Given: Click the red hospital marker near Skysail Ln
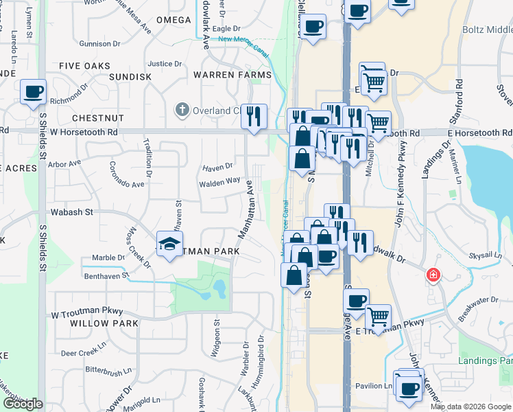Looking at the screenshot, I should pyautogui.click(x=433, y=275).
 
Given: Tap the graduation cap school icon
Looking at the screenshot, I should pyautogui.click(x=169, y=243).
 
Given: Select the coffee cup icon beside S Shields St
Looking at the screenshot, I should pyautogui.click(x=32, y=91).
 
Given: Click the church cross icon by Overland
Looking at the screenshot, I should pyautogui.click(x=182, y=109).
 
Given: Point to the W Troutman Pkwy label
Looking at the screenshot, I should pyautogui.click(x=77, y=311).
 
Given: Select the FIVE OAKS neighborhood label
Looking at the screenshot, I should pyautogui.click(x=84, y=66).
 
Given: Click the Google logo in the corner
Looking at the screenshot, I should pyautogui.click(x=22, y=404).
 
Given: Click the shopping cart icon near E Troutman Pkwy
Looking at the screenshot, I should pyautogui.click(x=378, y=316).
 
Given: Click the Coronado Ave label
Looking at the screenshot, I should pyautogui.click(x=127, y=175).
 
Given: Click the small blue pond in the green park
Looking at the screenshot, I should pyautogui.click(x=219, y=287).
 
